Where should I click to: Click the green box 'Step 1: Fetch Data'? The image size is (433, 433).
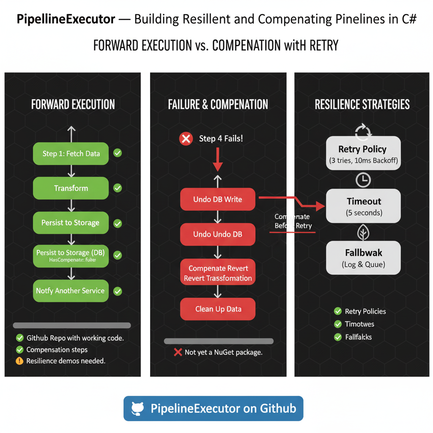[x=71, y=153]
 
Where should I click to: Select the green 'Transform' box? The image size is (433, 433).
[x=71, y=188]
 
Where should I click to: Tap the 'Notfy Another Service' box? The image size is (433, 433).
[x=71, y=291]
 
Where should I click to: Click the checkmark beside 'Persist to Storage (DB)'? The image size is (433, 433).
[x=118, y=255]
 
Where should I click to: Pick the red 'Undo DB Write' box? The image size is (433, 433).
[x=218, y=199]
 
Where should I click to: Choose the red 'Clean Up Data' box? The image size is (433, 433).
[x=218, y=309]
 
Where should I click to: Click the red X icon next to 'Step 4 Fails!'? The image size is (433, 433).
[x=186, y=139]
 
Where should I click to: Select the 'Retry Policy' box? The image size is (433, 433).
[x=363, y=153]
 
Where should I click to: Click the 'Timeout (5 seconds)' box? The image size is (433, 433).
[x=363, y=206]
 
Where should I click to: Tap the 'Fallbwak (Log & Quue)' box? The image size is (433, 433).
[x=363, y=258]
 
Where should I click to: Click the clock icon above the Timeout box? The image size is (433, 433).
[x=363, y=180]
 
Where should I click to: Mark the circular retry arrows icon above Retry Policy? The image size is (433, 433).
[x=363, y=131]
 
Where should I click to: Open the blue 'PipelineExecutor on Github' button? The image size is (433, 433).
[x=213, y=408]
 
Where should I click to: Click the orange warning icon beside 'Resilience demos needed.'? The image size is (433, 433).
[x=19, y=361]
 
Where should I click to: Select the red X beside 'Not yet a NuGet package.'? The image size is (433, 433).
[x=178, y=352]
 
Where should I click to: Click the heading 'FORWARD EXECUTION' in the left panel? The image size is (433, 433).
[x=73, y=104]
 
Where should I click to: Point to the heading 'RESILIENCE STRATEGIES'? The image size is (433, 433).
[x=362, y=104]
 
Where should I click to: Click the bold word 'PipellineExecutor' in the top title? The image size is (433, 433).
[x=66, y=20]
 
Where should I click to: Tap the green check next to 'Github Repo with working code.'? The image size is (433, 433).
[x=19, y=338]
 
